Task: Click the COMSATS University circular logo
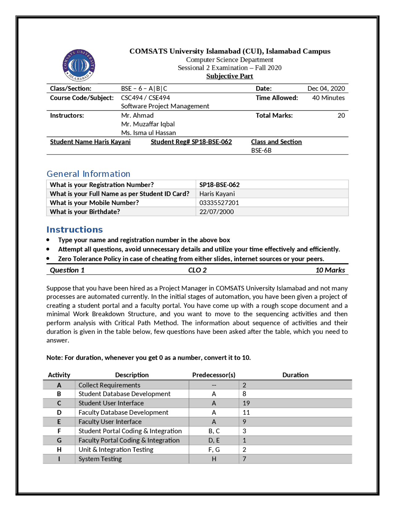tap(79, 65)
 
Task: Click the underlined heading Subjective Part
tap(230, 76)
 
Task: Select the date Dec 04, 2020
tap(326, 89)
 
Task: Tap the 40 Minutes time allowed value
tap(328, 98)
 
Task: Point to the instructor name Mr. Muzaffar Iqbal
tap(148, 124)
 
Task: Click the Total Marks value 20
tap(341, 115)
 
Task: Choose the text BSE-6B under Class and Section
tap(261, 151)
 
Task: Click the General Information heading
tap(88, 174)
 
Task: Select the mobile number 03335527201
tap(219, 203)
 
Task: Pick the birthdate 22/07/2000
tap(216, 212)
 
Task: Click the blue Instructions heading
tap(74, 230)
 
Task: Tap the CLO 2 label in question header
tap(197, 270)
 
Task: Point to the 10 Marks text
tap(330, 270)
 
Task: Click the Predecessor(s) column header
tap(214, 375)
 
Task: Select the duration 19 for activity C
tap(246, 403)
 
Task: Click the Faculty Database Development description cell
tap(123, 412)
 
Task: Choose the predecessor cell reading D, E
tap(214, 440)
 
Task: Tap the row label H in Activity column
tap(59, 450)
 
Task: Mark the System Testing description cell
tap(100, 459)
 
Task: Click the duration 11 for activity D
tap(246, 412)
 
